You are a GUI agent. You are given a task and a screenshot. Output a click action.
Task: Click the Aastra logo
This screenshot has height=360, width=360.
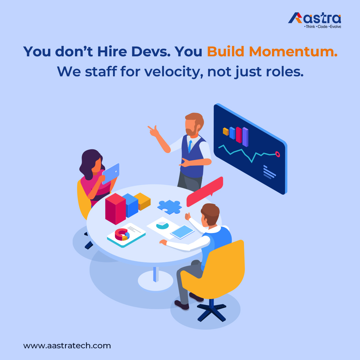pos(314,19)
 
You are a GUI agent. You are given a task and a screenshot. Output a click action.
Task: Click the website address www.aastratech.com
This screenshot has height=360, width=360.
pos(67,346)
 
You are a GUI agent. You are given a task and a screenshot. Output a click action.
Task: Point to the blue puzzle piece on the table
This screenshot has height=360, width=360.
pos(169,206)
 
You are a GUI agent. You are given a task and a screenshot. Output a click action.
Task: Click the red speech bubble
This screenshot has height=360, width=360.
pos(204,192)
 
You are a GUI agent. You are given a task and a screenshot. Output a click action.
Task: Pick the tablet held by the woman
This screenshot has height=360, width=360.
pos(111,173)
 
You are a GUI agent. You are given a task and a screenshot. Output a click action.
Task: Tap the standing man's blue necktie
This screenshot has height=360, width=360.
pos(190,146)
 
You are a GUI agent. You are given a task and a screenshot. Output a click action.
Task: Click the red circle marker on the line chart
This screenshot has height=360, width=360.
pos(277,154)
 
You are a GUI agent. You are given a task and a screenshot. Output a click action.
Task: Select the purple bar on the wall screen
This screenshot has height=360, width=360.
pos(245,137)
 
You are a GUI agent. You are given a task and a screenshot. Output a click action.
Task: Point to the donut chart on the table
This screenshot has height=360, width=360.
pos(122,234)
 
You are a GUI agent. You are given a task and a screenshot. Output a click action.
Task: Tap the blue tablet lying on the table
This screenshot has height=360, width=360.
pos(182,232)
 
